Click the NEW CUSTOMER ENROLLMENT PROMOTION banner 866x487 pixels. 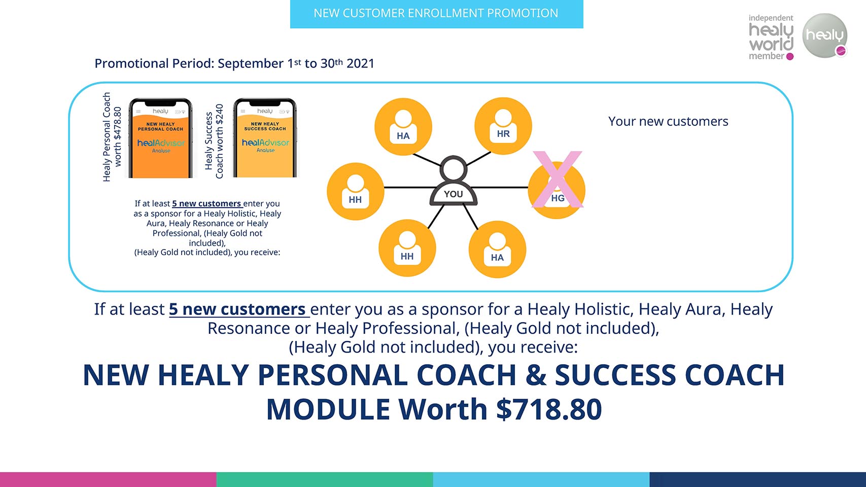(x=436, y=14)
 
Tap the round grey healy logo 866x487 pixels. (x=825, y=36)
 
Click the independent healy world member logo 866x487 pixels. (x=771, y=38)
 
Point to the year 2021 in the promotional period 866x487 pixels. (x=360, y=63)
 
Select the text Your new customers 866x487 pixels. (x=668, y=121)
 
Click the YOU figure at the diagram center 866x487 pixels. (x=454, y=181)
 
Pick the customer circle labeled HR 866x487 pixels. (x=503, y=126)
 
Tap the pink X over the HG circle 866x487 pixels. (x=558, y=180)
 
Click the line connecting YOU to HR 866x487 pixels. (x=478, y=159)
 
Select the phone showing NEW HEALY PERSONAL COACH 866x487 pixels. (x=160, y=138)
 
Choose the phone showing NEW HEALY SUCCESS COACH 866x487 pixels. (x=265, y=138)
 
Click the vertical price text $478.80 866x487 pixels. (x=118, y=122)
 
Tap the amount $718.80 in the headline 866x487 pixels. (x=549, y=409)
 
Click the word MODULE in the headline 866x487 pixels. (x=328, y=409)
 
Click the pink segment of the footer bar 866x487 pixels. (x=108, y=480)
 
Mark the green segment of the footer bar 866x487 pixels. (x=325, y=480)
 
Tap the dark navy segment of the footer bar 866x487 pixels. (x=758, y=480)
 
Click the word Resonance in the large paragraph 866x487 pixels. (x=249, y=328)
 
